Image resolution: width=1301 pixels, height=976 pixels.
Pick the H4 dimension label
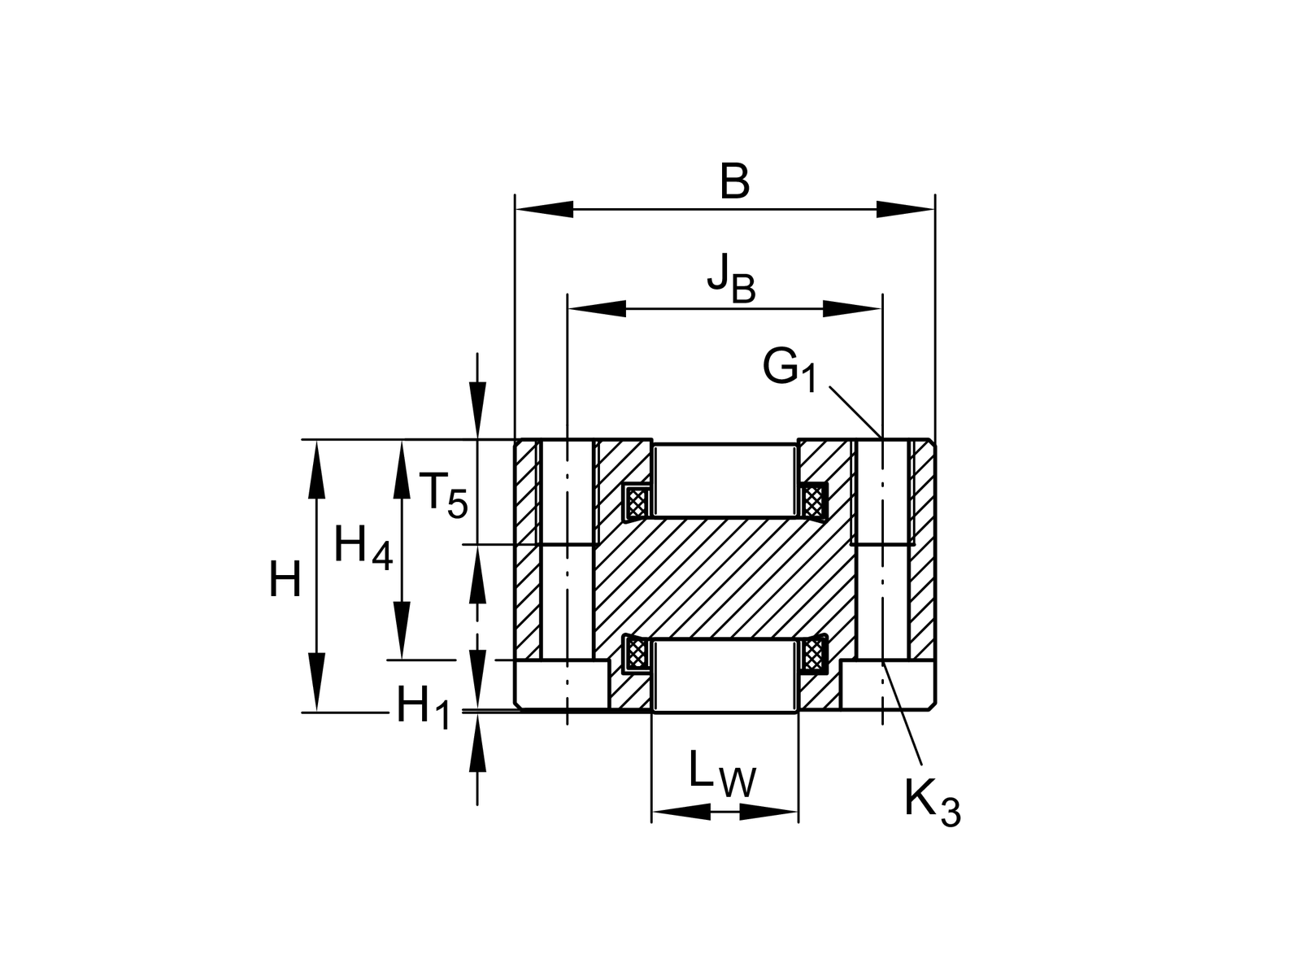coord(363,547)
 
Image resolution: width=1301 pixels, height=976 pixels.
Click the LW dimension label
coord(721,775)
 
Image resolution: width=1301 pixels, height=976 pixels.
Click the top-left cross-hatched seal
coord(637,502)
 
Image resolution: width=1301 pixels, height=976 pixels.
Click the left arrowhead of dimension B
coord(545,209)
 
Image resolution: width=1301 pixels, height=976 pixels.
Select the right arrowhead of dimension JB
coord(851,308)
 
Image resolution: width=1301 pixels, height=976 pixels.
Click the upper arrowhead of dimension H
coord(315,469)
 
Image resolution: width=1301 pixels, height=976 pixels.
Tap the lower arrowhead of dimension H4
coord(401,630)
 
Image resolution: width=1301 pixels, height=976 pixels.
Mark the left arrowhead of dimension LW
coord(681,811)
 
